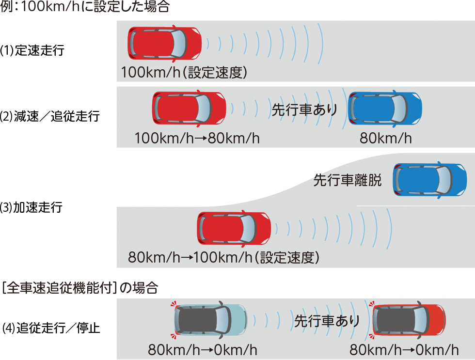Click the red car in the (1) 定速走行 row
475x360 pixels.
tap(164, 43)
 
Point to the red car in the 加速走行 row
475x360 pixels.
tap(234, 228)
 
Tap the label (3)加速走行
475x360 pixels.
tap(32, 208)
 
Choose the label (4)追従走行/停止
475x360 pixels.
tap(50, 328)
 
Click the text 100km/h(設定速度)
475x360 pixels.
tap(184, 73)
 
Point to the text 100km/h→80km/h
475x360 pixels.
tap(197, 139)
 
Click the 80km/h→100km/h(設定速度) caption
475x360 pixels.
tap(223, 257)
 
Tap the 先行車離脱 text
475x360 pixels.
tap(347, 181)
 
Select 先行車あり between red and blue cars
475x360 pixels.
tap(304, 110)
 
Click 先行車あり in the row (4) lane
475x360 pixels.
tap(327, 321)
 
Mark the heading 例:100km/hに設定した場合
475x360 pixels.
tap(85, 8)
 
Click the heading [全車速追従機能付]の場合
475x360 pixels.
tap(79, 288)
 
